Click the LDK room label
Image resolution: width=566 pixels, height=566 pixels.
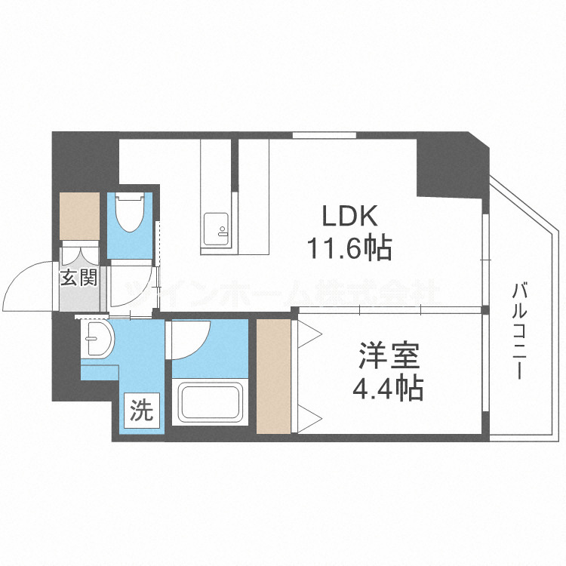coord(349,217)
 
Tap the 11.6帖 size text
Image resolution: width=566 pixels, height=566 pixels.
coord(349,247)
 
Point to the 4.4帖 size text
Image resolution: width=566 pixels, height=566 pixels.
coord(388,388)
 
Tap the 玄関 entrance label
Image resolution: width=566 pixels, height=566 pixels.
coord(78,278)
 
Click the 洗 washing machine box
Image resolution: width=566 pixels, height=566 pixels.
coord(142,411)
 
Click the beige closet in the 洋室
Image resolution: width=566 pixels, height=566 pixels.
coord(272,377)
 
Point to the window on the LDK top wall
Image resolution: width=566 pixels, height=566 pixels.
coord(314,135)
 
